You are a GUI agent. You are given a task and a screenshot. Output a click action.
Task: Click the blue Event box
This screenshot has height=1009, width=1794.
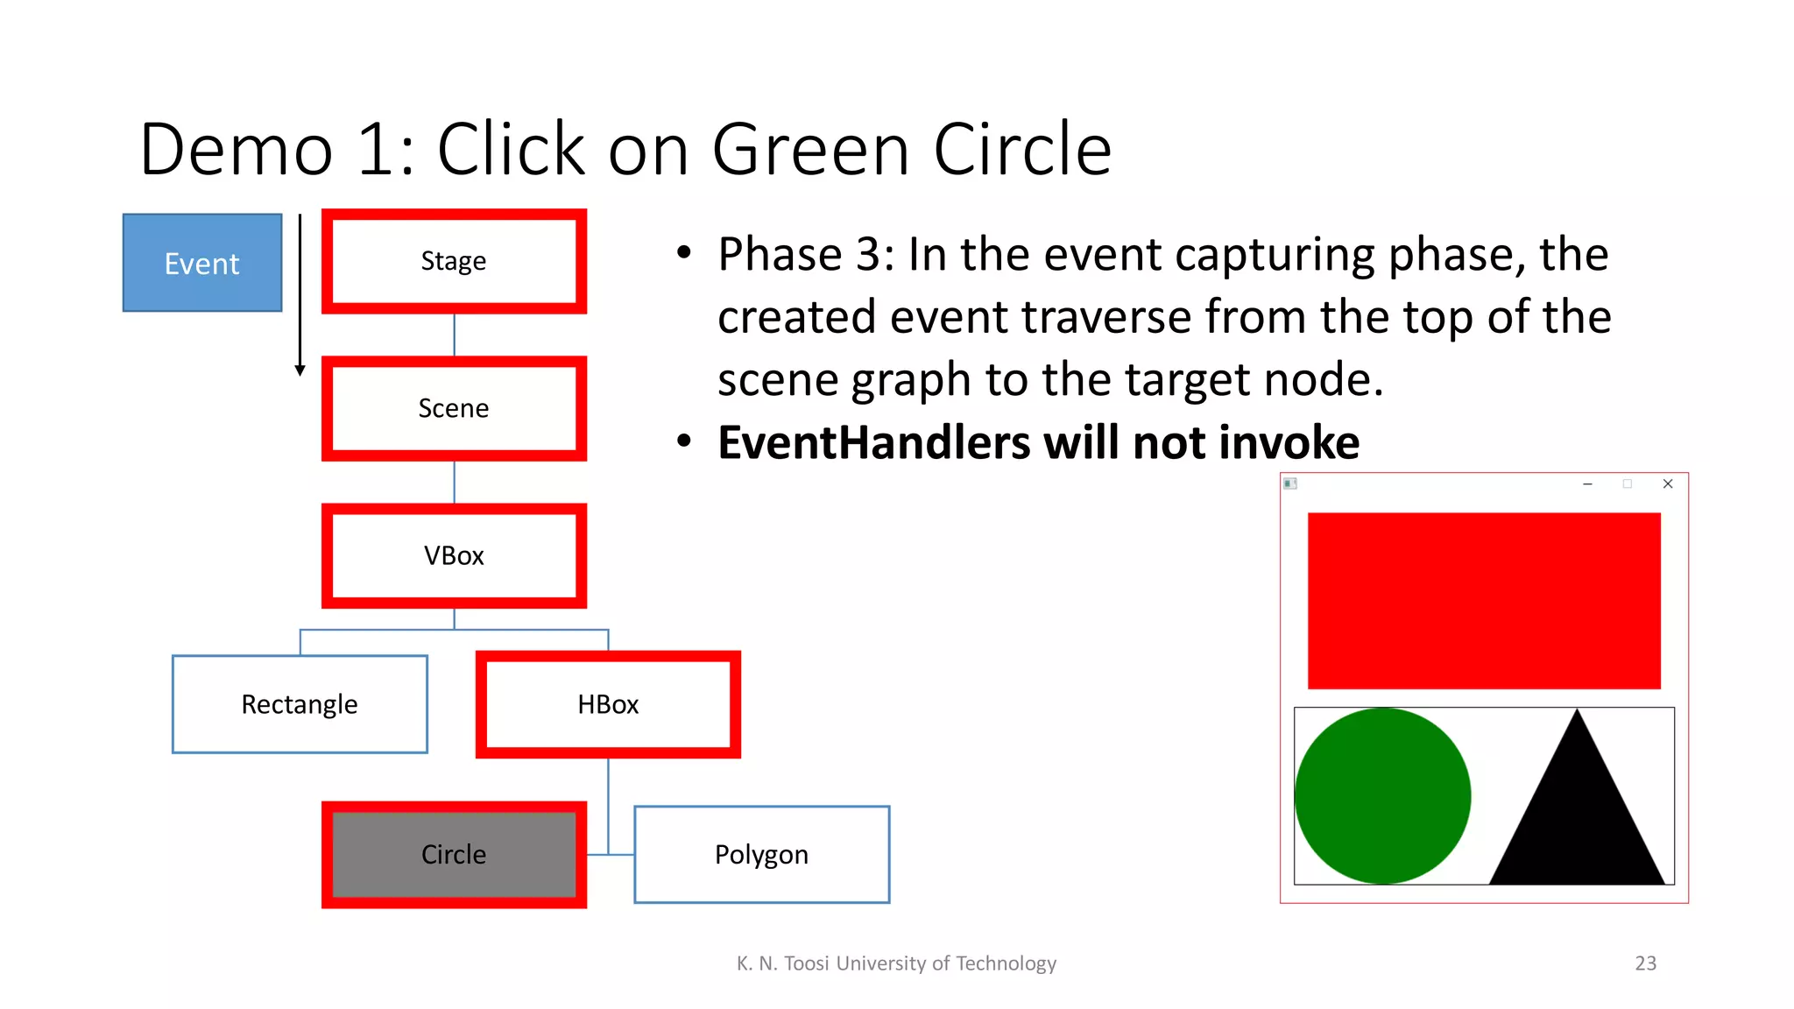(x=202, y=263)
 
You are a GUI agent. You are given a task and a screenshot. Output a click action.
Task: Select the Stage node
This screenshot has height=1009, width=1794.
(x=454, y=261)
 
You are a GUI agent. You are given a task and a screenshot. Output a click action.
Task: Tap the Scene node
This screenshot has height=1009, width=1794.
(x=454, y=408)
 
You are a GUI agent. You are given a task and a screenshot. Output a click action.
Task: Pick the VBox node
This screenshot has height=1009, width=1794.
(x=454, y=555)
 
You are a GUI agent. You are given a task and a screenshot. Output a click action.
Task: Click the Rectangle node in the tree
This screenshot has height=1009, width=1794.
(x=300, y=704)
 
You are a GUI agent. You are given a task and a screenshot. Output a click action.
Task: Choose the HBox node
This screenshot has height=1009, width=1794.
(x=608, y=704)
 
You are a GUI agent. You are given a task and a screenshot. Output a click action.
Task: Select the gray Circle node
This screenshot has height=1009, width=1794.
(x=454, y=854)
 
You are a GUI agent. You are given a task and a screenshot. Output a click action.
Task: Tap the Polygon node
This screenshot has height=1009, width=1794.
(x=761, y=854)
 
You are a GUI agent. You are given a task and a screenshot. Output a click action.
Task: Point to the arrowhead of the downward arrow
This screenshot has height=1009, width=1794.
(x=300, y=370)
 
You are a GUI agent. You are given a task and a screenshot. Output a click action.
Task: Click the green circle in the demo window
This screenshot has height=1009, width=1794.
(x=1382, y=795)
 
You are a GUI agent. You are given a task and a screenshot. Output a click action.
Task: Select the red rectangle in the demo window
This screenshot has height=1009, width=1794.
(x=1484, y=601)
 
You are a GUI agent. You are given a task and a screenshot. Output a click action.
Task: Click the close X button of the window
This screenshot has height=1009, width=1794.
(x=1668, y=483)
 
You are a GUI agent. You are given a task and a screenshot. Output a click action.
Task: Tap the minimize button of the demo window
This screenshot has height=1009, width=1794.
(x=1587, y=483)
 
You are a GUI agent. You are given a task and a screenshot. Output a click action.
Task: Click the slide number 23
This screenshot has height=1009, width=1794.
(x=1645, y=963)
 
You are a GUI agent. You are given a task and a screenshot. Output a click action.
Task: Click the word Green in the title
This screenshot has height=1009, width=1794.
(x=810, y=149)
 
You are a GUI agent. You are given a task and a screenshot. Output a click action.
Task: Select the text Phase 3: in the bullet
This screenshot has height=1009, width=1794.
(x=806, y=255)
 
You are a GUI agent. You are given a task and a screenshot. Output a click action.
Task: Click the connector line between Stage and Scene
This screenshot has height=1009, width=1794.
(x=454, y=335)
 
